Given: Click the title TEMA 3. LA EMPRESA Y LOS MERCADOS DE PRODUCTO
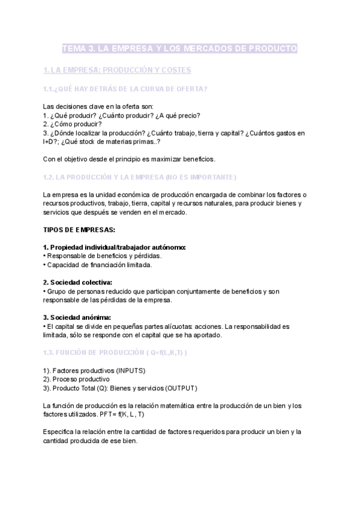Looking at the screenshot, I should [x=180, y=48].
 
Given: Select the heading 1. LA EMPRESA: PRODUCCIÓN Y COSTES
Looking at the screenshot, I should [x=118, y=70].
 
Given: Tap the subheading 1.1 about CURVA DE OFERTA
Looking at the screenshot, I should [x=126, y=89].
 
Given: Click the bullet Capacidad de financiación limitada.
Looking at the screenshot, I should [x=98, y=264].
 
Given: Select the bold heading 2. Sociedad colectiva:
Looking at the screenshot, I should [x=78, y=282].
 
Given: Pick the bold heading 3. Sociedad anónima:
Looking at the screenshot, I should [x=77, y=317].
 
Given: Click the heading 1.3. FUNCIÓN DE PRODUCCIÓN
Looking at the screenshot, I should [x=91, y=353].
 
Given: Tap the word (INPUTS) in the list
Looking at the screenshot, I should [x=127, y=370].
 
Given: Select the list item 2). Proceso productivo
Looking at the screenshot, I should [x=76, y=379].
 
